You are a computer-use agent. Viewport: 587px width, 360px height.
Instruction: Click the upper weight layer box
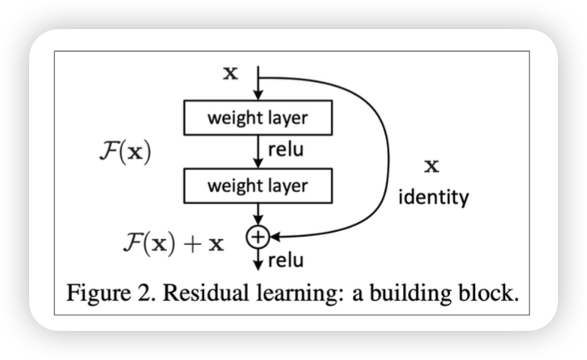coord(258,118)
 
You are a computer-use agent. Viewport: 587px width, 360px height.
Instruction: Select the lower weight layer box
coord(258,186)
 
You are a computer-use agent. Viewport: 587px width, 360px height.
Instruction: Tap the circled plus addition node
coord(257,236)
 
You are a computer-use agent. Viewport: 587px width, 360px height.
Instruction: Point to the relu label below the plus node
coord(285,260)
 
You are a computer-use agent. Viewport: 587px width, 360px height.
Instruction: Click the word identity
coord(433,198)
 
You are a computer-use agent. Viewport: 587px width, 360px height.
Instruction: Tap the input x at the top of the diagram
coord(230,74)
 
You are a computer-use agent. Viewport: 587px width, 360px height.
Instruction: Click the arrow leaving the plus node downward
coord(257,258)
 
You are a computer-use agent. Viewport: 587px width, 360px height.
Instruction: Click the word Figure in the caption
coord(99,293)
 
